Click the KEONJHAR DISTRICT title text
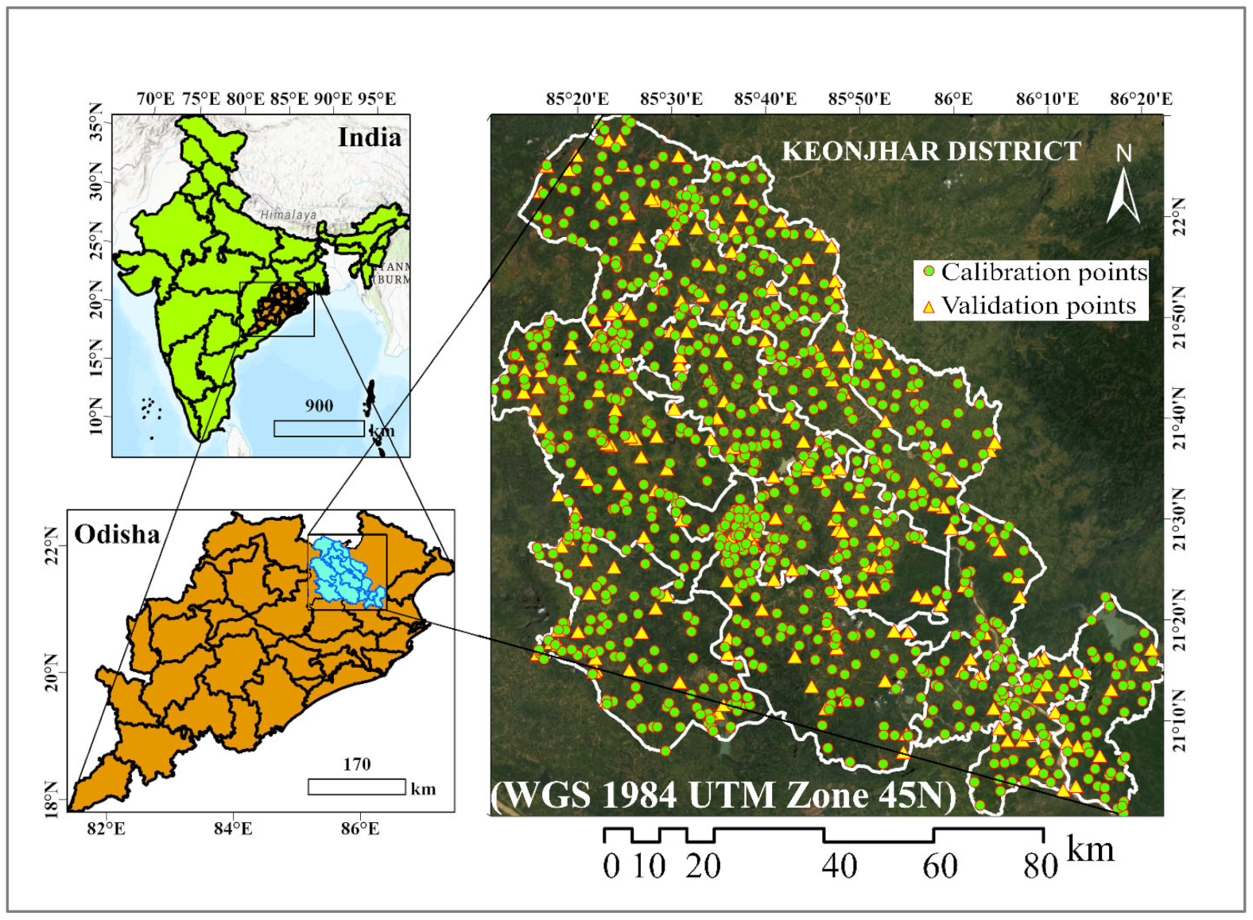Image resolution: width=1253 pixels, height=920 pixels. click(x=931, y=151)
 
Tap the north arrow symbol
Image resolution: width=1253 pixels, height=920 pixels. click(x=1123, y=191)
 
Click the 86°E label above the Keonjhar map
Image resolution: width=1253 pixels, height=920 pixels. click(x=952, y=99)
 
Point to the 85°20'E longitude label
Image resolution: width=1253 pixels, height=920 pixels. click(x=577, y=99)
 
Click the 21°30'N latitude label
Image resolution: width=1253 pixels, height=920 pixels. click(x=1178, y=520)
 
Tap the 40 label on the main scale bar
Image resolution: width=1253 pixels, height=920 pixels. click(x=839, y=866)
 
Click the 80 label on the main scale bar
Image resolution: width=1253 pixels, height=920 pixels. click(x=1040, y=866)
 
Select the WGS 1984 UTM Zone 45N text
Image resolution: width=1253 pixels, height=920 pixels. click(x=723, y=795)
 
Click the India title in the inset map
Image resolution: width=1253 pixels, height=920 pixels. click(x=369, y=138)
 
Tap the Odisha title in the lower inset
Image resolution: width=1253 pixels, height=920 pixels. click(x=117, y=534)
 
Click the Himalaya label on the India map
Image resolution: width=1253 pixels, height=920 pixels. click(x=289, y=215)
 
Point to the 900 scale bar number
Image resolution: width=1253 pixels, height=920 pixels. click(x=319, y=406)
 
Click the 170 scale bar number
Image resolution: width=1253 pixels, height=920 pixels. click(x=357, y=764)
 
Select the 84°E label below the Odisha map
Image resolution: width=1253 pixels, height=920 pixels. click(x=233, y=829)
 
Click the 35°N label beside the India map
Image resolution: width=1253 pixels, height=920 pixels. click(x=96, y=121)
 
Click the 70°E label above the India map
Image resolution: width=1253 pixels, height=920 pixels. click(x=155, y=99)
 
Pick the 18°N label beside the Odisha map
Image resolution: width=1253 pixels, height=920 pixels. click(x=52, y=798)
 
